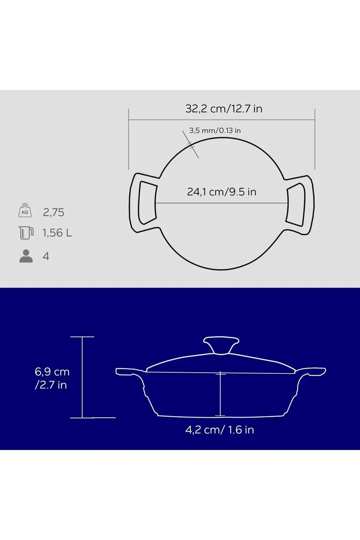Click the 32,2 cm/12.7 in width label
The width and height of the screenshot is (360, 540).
[x=224, y=109]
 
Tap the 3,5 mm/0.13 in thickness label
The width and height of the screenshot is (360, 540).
[x=215, y=131]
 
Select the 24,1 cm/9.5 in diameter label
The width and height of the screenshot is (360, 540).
[x=222, y=192]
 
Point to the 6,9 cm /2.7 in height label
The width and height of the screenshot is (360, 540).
[x=52, y=378]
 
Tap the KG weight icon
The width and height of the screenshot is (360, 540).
[x=25, y=210]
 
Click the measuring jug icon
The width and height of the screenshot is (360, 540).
[x=26, y=233]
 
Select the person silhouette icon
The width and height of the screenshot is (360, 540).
[x=26, y=256]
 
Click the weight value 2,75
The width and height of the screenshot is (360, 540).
[x=54, y=212]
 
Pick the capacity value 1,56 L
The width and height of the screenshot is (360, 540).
[x=57, y=233]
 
